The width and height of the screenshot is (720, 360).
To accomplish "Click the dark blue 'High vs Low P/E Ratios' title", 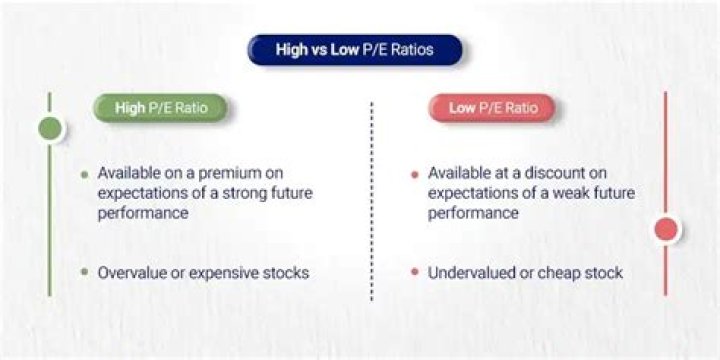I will click(354, 49).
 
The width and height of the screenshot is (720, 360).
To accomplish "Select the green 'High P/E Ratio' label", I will click(160, 108).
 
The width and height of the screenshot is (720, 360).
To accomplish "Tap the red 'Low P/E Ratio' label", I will click(490, 108).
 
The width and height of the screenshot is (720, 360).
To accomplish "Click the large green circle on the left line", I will click(50, 128).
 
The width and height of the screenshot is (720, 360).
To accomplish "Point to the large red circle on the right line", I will click(666, 230).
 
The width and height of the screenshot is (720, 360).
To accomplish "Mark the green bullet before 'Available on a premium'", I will click(84, 174).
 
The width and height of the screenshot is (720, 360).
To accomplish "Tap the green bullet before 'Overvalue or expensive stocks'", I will click(84, 272).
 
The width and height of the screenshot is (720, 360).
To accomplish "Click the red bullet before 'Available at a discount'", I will click(414, 174).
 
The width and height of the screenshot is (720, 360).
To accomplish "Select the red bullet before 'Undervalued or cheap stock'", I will click(414, 272).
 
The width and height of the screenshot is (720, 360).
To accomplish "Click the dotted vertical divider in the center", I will click(371, 200).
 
